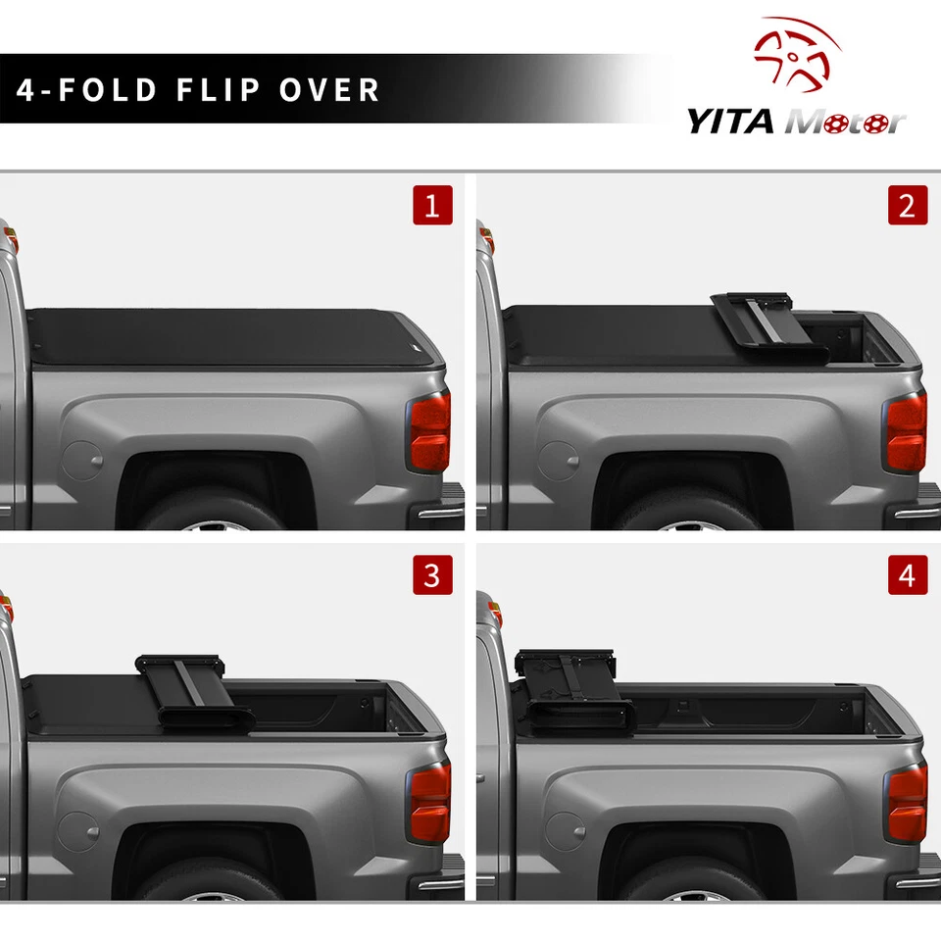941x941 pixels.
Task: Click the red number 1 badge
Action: [432, 206]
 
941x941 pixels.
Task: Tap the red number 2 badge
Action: [907, 206]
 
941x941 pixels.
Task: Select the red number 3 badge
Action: [432, 574]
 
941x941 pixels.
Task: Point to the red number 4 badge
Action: [907, 574]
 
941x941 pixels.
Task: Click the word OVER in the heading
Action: [329, 90]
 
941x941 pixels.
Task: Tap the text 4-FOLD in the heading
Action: [87, 90]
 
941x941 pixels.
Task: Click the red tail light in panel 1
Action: [430, 432]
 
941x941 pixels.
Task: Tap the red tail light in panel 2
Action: [906, 432]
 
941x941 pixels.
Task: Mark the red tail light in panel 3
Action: [430, 802]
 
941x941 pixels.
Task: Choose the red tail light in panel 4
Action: [906, 802]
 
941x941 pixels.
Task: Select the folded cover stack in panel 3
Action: [191, 691]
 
